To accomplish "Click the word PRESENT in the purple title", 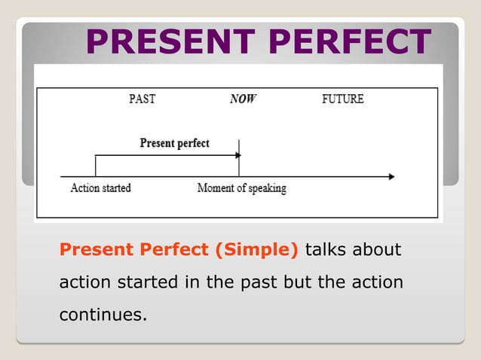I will [x=170, y=42].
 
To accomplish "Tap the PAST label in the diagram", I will [x=142, y=99].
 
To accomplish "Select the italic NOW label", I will [x=243, y=99].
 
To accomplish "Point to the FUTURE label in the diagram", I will [x=342, y=99].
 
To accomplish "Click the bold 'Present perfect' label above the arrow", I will [x=175, y=143].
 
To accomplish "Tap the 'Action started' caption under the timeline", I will [x=100, y=188].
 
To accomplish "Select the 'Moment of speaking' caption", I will [x=241, y=188].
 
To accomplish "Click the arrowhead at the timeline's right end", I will [x=391, y=177].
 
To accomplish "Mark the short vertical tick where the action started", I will [x=95, y=166].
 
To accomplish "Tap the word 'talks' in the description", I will [x=325, y=249].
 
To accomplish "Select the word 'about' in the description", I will [x=376, y=249].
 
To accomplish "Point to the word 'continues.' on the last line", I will [x=102, y=314].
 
